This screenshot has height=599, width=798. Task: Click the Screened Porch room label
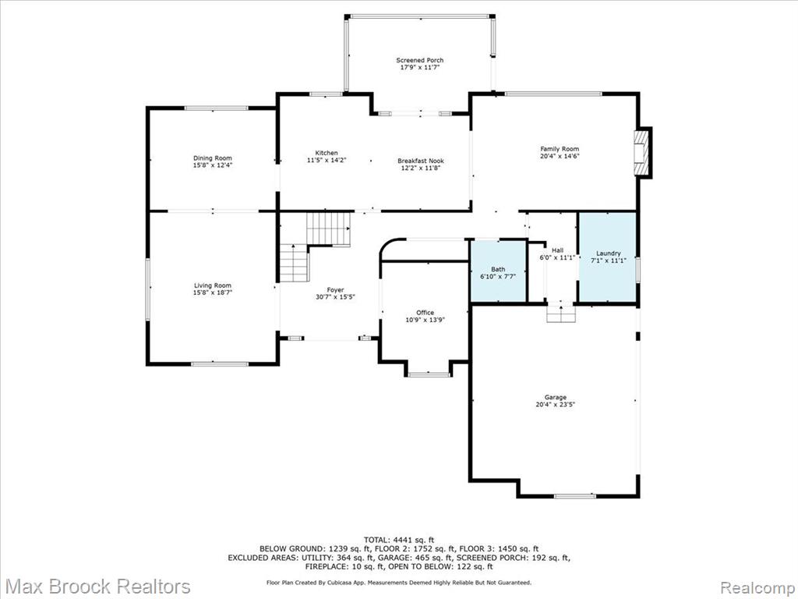click(420, 60)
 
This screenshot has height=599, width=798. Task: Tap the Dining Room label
click(212, 158)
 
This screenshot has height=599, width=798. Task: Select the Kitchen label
click(327, 153)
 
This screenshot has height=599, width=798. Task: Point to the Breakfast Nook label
click(420, 161)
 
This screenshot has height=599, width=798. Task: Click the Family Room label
click(560, 149)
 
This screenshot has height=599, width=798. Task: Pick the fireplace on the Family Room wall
click(642, 153)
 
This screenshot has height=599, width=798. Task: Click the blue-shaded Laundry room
click(608, 257)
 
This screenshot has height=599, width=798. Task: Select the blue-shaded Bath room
click(498, 271)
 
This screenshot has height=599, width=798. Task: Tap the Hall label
click(558, 250)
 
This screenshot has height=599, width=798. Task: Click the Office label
click(425, 313)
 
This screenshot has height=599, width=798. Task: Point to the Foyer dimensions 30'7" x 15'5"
click(335, 296)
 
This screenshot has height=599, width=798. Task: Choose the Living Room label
click(213, 285)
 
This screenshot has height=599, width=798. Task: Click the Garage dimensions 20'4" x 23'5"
click(555, 405)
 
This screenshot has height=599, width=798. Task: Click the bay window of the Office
click(429, 375)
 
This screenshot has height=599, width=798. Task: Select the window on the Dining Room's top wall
click(217, 108)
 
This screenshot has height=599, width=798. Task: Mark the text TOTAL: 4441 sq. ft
click(399, 540)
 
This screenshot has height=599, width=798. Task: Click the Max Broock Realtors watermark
click(99, 586)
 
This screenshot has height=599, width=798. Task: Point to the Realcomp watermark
click(756, 587)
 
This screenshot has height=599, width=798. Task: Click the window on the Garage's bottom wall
click(574, 495)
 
